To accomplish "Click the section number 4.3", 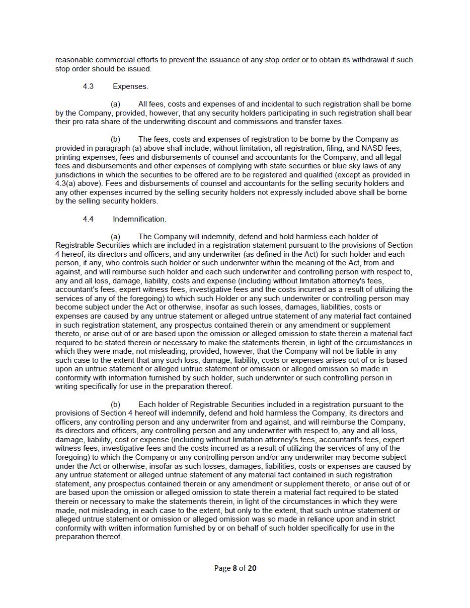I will (x=88, y=86).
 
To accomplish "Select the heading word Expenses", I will (x=130, y=86).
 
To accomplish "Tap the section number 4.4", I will (x=88, y=219).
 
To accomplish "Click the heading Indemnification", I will (x=139, y=219).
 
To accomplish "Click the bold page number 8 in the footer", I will (x=234, y=568).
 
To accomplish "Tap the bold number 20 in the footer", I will (x=252, y=568).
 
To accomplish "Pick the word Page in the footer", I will (x=222, y=568).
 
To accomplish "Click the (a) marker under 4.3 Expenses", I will (x=115, y=104).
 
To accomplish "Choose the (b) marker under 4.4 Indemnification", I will (x=115, y=404).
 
